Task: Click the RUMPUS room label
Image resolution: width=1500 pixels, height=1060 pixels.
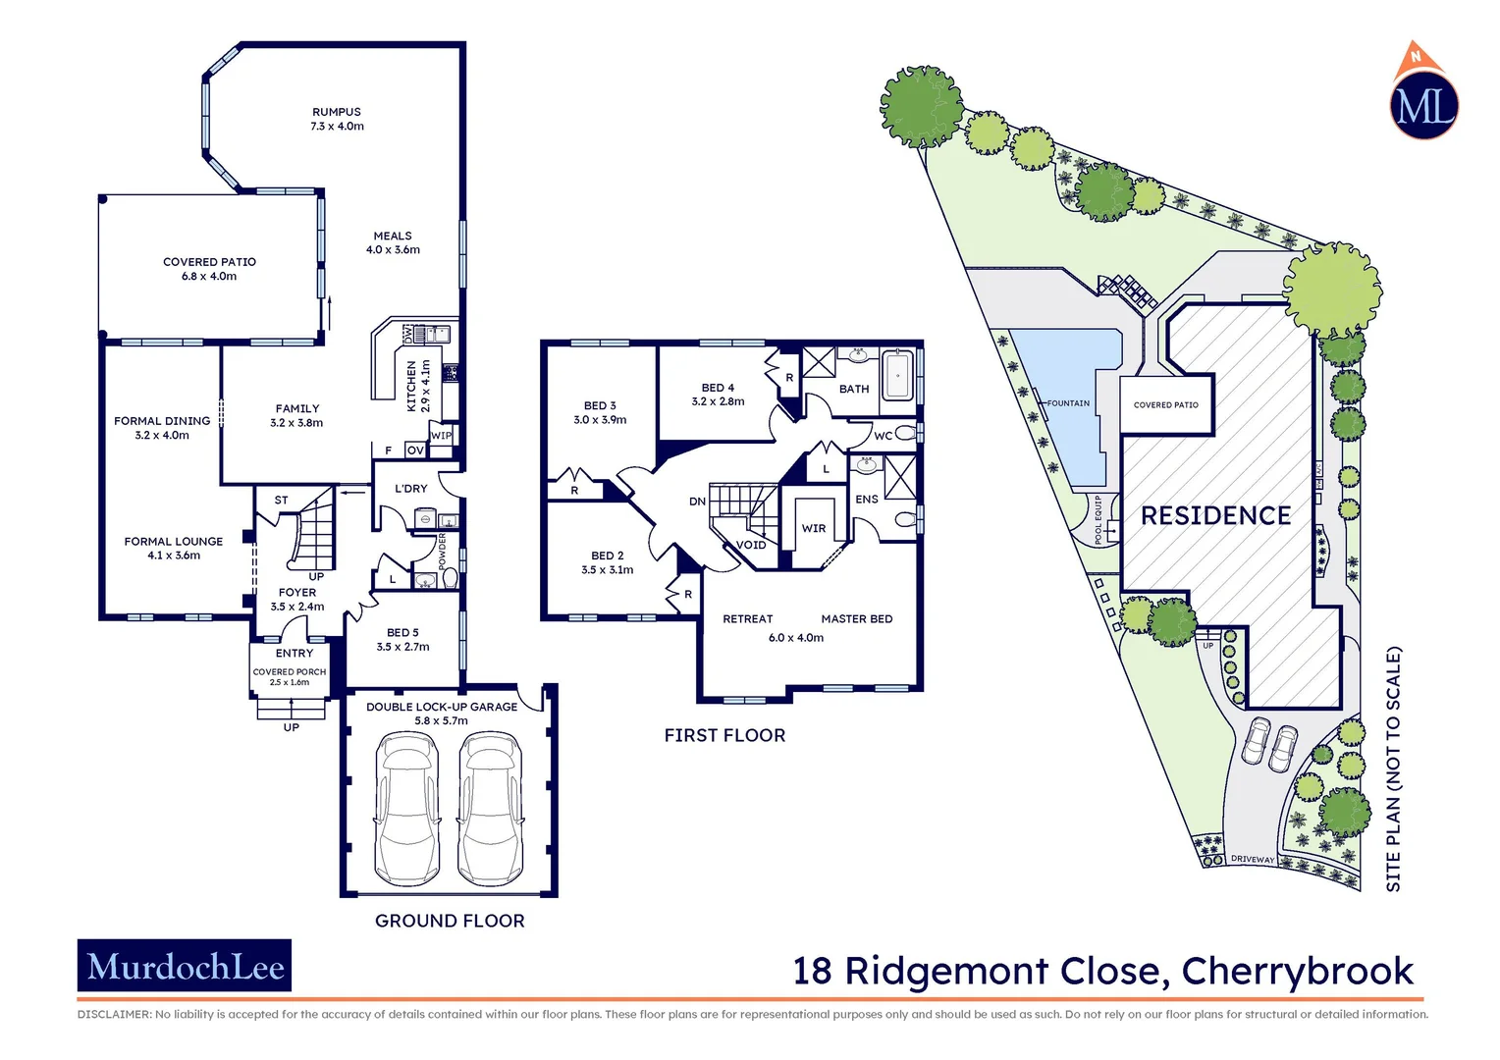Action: click(x=337, y=112)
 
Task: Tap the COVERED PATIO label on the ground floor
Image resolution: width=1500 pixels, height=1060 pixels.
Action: click(x=209, y=262)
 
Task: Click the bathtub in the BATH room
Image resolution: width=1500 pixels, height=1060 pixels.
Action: click(x=897, y=375)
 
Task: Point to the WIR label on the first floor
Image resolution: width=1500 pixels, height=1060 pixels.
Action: click(x=814, y=528)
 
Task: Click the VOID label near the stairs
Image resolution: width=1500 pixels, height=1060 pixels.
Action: click(x=751, y=545)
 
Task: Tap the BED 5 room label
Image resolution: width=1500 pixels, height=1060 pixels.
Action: click(x=402, y=633)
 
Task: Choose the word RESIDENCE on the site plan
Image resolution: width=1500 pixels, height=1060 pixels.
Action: click(x=1215, y=516)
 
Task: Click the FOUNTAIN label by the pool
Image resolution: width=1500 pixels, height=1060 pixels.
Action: click(x=1068, y=403)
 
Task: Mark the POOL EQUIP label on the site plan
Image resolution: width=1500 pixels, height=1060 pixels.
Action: click(x=1098, y=519)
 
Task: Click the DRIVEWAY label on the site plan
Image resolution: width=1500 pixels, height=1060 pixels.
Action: click(x=1253, y=860)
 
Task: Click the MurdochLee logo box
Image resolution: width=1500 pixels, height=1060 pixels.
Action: click(x=185, y=966)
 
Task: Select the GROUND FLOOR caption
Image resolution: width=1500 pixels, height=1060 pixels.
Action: click(x=450, y=921)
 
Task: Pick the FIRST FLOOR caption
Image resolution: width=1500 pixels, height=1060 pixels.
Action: click(x=724, y=735)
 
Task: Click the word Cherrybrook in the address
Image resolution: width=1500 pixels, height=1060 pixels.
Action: click(x=1297, y=971)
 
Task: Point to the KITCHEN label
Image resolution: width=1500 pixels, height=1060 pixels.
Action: click(x=412, y=386)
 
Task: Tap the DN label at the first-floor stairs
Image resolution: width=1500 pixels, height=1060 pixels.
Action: click(x=697, y=502)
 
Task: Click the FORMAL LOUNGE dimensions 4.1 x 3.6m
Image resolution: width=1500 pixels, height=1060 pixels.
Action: click(x=174, y=556)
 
